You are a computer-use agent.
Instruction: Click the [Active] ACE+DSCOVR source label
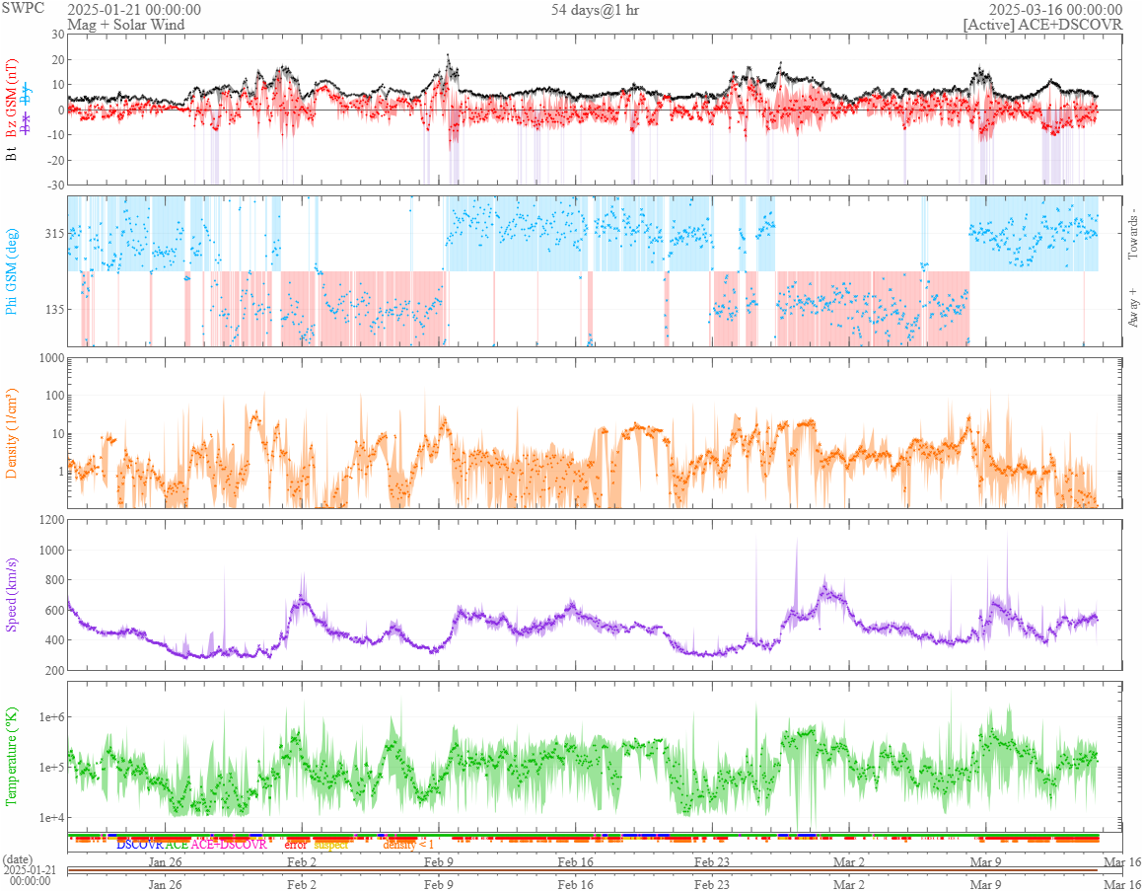click(x=1042, y=25)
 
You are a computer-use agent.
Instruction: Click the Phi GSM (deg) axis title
click(x=12, y=270)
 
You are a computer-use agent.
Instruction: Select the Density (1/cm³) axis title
click(x=12, y=432)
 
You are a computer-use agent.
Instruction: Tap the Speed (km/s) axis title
click(x=12, y=595)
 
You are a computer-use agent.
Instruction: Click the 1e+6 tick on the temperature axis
click(x=47, y=717)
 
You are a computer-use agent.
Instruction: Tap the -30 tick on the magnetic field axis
click(x=54, y=185)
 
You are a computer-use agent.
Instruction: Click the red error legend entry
click(x=296, y=845)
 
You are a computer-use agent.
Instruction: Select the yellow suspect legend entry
click(x=330, y=845)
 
